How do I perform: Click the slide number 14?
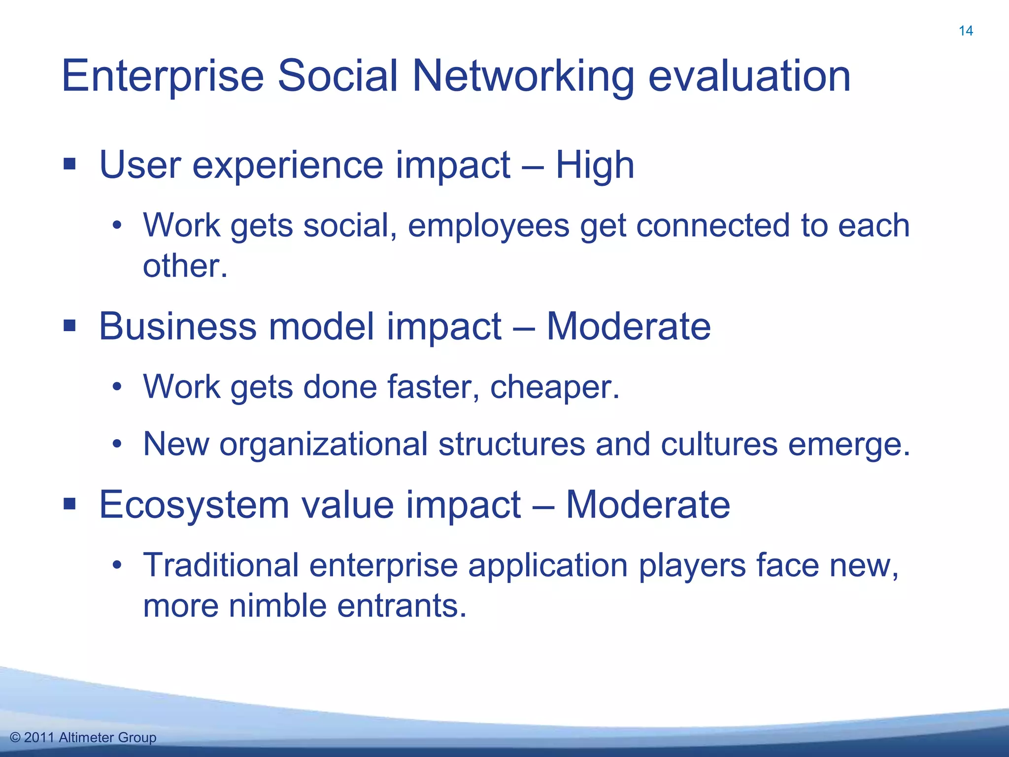[x=966, y=31]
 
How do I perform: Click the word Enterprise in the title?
[x=163, y=76]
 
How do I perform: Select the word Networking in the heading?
[x=523, y=76]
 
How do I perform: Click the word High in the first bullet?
[x=595, y=165]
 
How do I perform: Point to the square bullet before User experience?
[x=69, y=164]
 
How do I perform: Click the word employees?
[x=488, y=226]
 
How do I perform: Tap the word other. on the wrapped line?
[x=185, y=266]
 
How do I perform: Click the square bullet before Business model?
[x=69, y=325]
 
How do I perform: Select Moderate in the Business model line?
[x=629, y=326]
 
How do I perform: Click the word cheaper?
[x=554, y=387]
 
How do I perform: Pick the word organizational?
[x=323, y=444]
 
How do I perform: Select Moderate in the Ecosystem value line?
[x=647, y=505]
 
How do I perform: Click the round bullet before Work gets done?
[x=117, y=387]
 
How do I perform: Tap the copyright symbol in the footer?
[x=15, y=738]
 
